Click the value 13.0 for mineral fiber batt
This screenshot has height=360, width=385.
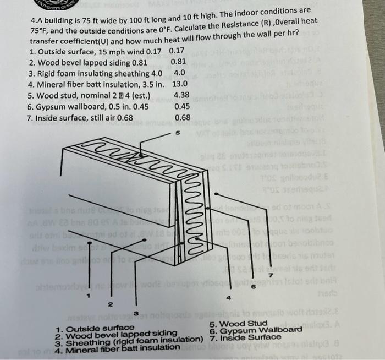point(181,85)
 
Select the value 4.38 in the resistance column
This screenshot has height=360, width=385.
point(182,96)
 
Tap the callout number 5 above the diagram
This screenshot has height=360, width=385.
point(177,133)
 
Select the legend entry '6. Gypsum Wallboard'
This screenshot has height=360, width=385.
point(256,330)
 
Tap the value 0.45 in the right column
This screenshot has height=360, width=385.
point(182,107)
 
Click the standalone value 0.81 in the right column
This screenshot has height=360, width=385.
point(180,62)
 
